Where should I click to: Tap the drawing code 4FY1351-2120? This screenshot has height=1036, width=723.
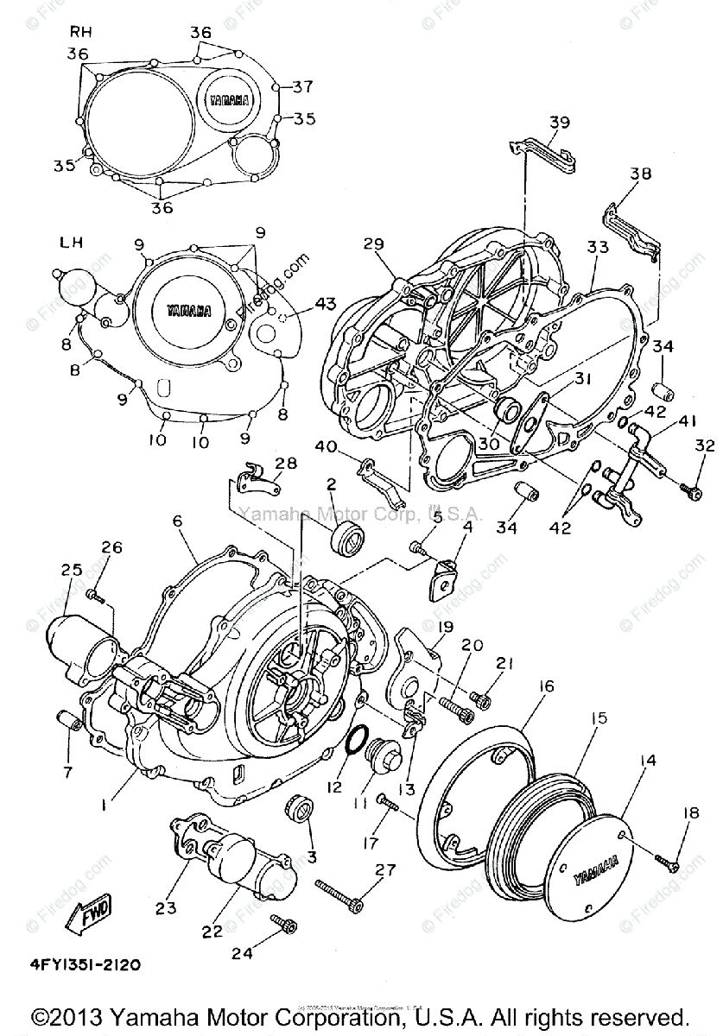(x=86, y=963)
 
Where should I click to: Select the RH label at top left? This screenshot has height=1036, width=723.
(x=80, y=32)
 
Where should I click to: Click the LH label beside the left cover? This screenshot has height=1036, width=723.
(x=71, y=243)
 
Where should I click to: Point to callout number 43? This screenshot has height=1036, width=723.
(x=325, y=304)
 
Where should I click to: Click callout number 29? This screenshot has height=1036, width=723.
(x=372, y=244)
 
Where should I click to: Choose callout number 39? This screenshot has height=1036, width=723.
(x=560, y=123)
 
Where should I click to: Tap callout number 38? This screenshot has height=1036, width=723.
(x=640, y=174)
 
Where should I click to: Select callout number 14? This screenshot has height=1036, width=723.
(x=647, y=761)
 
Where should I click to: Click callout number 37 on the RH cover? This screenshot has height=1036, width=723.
(x=302, y=86)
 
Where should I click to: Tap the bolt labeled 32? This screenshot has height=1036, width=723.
(x=688, y=490)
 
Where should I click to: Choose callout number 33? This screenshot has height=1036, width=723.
(x=598, y=247)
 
